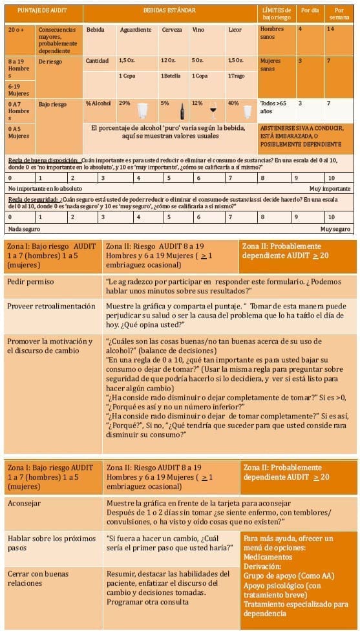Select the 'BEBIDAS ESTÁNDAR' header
click(x=169, y=11)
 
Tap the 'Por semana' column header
click(x=339, y=14)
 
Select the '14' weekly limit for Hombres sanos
click(x=331, y=30)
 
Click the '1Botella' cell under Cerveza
click(x=171, y=76)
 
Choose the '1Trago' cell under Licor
click(x=237, y=76)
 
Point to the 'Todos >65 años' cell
click(x=275, y=107)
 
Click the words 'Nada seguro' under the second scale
click(x=23, y=229)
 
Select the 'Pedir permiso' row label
click(x=30, y=282)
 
